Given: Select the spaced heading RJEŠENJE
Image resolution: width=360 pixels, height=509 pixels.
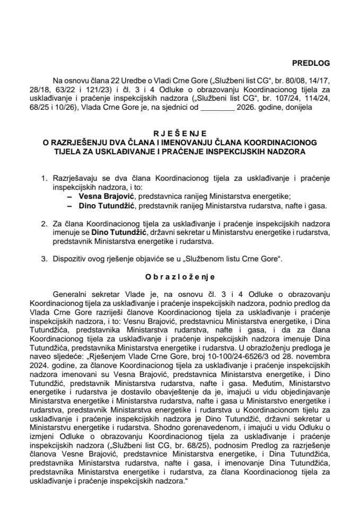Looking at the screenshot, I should click(x=180, y=135).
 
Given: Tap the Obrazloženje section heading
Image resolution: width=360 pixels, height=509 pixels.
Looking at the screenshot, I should click(x=180, y=276).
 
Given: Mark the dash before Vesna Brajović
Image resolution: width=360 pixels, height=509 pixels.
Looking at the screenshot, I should click(x=69, y=195).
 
